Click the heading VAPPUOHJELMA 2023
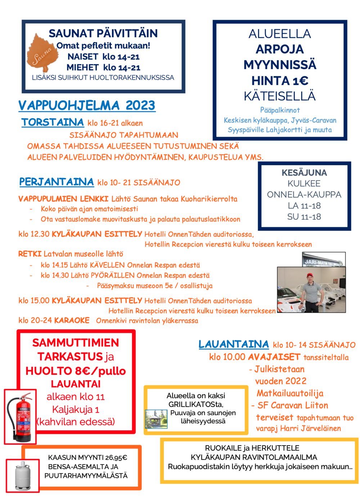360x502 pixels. [x=87, y=105]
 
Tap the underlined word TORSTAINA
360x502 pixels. [x=53, y=122]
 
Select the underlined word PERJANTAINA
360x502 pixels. [x=57, y=182]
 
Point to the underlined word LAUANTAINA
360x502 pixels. [x=234, y=344]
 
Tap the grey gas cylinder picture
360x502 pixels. [x=23, y=475]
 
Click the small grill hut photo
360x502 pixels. [x=156, y=419]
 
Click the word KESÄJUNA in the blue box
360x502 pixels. [x=304, y=173]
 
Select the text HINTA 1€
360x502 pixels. [x=280, y=81]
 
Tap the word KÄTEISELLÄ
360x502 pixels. [x=280, y=96]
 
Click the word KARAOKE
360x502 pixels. [x=72, y=321]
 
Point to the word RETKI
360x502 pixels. [x=30, y=254]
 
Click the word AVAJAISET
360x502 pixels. [x=274, y=357]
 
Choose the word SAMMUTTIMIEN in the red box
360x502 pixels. [x=76, y=342]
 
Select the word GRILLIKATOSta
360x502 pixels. [x=196, y=404]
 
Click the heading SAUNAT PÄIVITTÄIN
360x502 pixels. [x=103, y=33]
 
